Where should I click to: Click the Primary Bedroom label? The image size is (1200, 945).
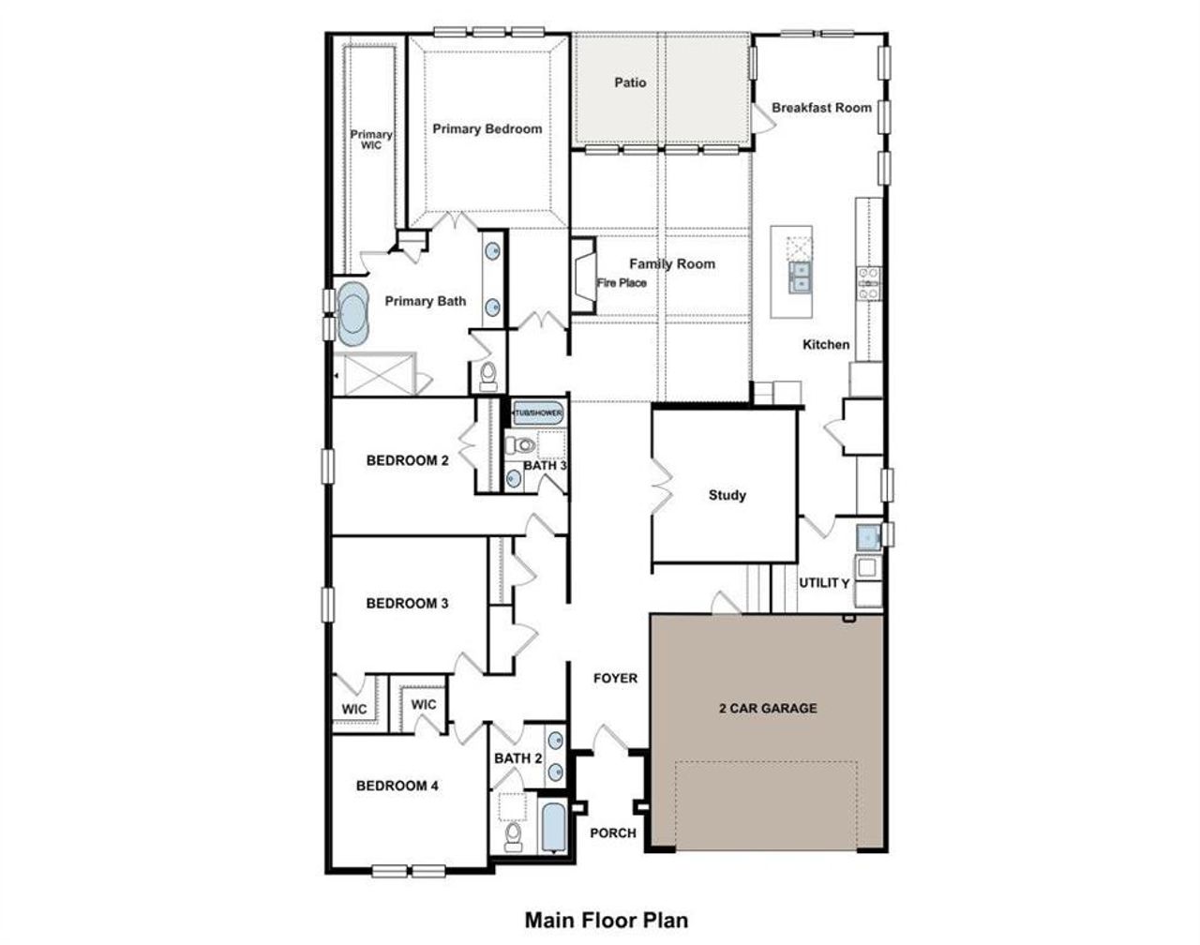click(x=487, y=128)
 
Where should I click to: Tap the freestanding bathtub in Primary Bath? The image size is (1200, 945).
click(x=354, y=316)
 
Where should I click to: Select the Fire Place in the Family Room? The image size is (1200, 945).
click(x=585, y=275)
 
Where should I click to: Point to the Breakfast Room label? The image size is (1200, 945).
click(x=821, y=108)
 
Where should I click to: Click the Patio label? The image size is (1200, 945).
click(x=630, y=82)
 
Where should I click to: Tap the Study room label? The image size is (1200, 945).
click(x=727, y=495)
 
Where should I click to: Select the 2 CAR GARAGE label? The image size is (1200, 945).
click(x=767, y=708)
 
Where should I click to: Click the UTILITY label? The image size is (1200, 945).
click(x=824, y=583)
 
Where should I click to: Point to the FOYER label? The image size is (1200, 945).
click(x=615, y=678)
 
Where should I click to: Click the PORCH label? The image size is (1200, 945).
click(x=613, y=832)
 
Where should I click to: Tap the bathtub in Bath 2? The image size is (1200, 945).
click(x=553, y=826)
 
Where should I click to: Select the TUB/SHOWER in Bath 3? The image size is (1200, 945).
click(x=537, y=412)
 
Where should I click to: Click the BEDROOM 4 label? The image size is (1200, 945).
click(x=397, y=786)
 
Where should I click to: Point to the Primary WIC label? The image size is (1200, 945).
click(x=371, y=140)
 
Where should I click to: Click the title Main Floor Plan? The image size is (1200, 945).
click(x=606, y=920)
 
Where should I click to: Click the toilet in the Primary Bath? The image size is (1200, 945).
click(x=487, y=375)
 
